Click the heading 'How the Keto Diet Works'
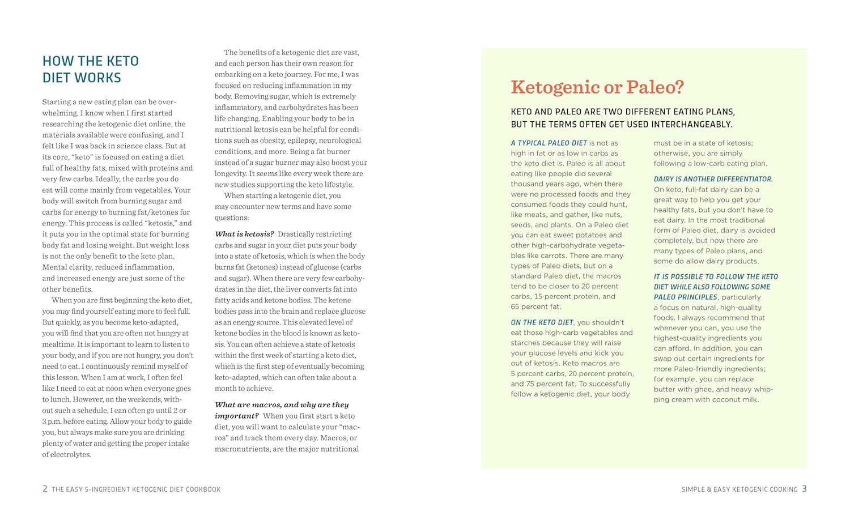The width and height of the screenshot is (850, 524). (91, 69)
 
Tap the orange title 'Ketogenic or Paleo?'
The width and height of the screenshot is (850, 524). (597, 87)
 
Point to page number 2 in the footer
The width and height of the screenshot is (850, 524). (45, 488)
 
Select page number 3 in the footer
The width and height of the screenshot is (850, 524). (804, 488)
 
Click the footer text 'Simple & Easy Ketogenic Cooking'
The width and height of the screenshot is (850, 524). (739, 489)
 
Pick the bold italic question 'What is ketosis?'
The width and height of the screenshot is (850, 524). (244, 234)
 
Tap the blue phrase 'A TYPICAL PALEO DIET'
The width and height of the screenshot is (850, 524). (549, 143)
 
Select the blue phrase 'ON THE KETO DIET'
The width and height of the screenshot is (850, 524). (542, 322)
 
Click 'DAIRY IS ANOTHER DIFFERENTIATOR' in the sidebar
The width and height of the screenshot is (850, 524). (713, 179)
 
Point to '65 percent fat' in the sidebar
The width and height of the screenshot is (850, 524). (535, 306)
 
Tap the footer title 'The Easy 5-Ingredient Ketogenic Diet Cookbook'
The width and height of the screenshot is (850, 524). (136, 489)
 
